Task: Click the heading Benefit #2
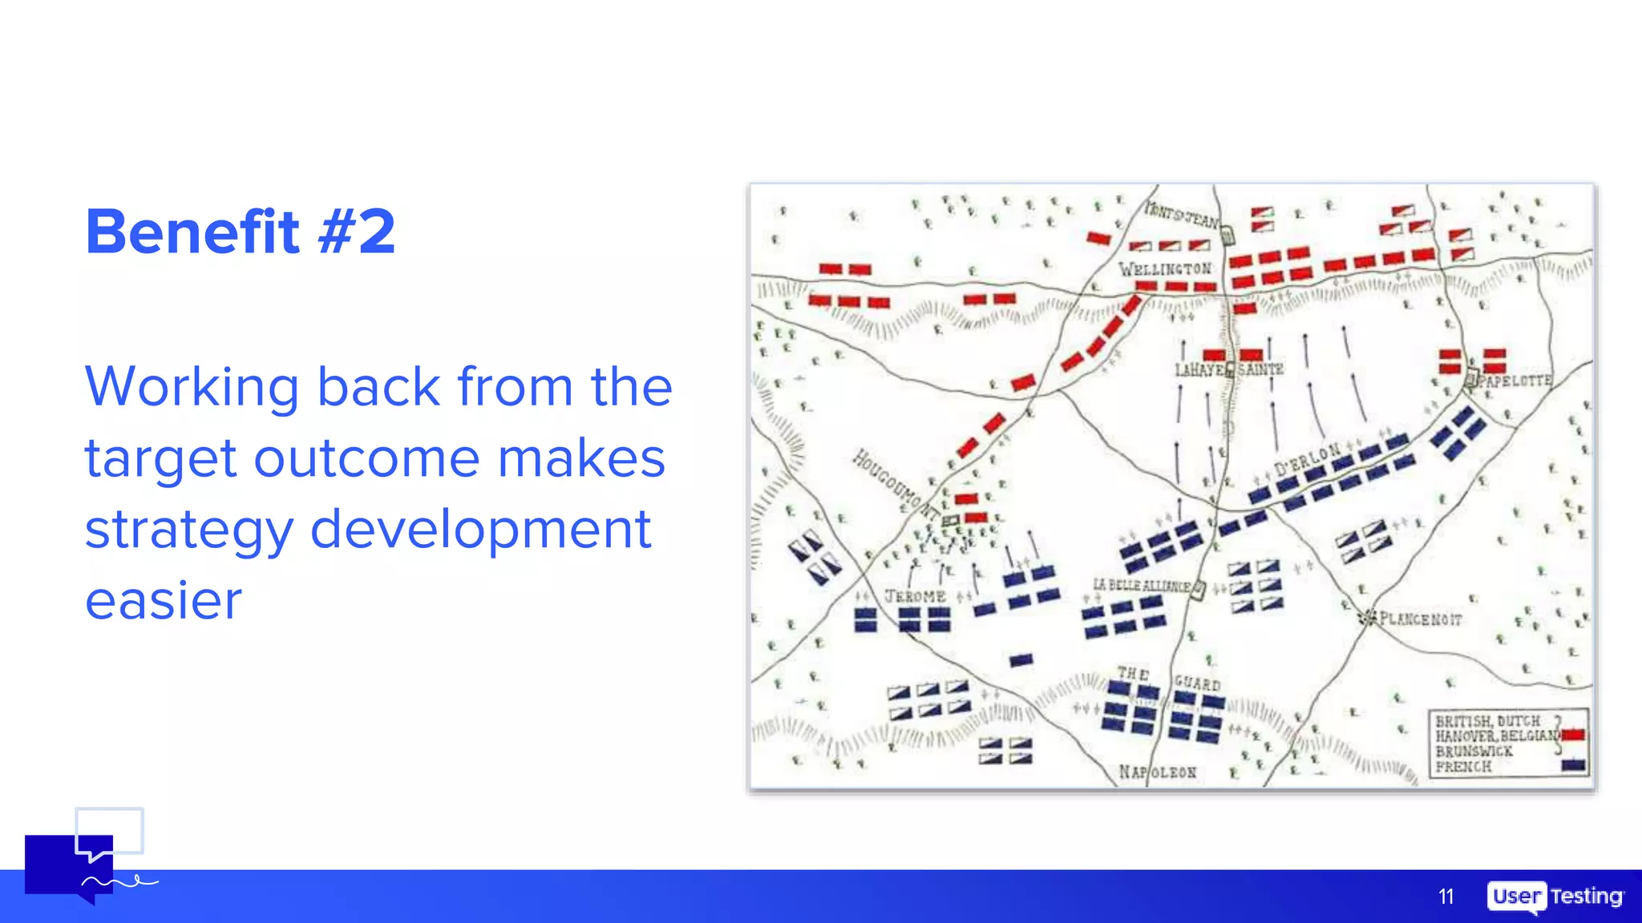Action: point(241,232)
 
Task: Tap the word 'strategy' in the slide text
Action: point(189,530)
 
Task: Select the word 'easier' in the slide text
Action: point(164,601)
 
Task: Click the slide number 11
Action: point(1446,897)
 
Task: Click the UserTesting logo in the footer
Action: point(1555,897)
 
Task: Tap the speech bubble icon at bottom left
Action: point(80,861)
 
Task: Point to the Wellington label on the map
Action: point(1165,269)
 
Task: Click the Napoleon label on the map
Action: point(1158,772)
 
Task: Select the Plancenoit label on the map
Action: point(1420,619)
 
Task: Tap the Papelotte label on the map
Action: point(1515,381)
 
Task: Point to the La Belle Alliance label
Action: point(1142,586)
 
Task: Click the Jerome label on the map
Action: point(915,597)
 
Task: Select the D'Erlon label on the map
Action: point(1307,458)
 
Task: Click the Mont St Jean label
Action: point(1182,216)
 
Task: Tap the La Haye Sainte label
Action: point(1228,369)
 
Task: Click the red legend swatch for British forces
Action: point(1573,735)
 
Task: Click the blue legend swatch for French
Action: point(1573,765)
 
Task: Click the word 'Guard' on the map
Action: point(1197,683)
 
